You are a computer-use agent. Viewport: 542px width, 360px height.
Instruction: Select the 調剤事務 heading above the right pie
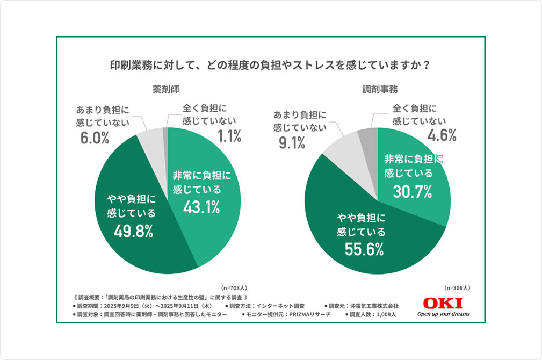coord(378,89)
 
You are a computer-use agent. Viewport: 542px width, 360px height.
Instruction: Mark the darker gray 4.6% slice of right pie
coord(369,139)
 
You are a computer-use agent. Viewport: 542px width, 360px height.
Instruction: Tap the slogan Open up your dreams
coord(443,314)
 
